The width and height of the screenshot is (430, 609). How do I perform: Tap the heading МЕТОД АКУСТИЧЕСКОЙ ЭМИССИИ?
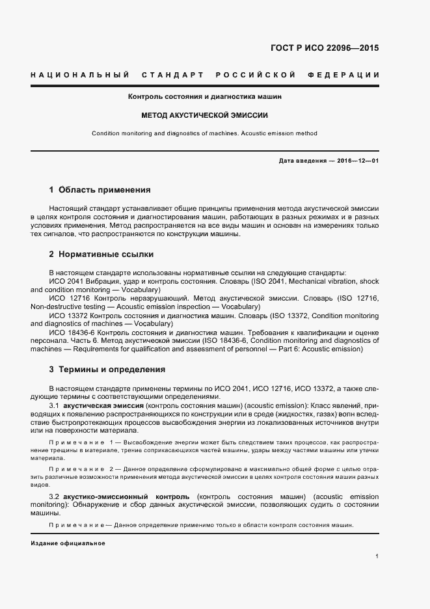(205, 115)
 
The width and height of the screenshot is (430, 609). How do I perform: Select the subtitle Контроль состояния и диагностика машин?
(205, 96)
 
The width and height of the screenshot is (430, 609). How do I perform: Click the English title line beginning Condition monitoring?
(205, 133)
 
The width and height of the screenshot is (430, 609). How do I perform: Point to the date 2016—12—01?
(358, 160)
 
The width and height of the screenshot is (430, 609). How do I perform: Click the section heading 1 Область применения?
(100, 190)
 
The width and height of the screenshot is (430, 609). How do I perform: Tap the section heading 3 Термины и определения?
(107, 370)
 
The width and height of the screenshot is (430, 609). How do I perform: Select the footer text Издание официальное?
(68, 543)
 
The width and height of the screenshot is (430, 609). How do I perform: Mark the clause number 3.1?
(55, 405)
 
